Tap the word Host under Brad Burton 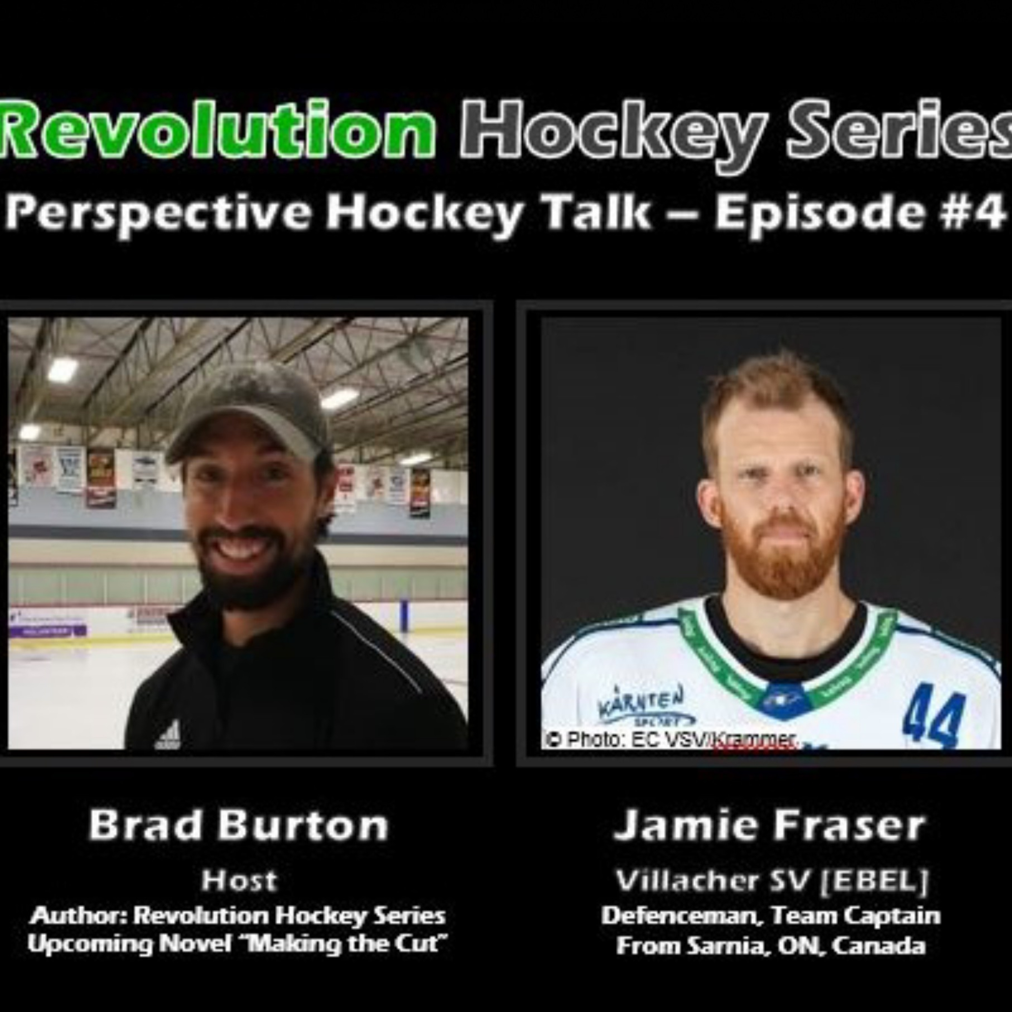tap(239, 880)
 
